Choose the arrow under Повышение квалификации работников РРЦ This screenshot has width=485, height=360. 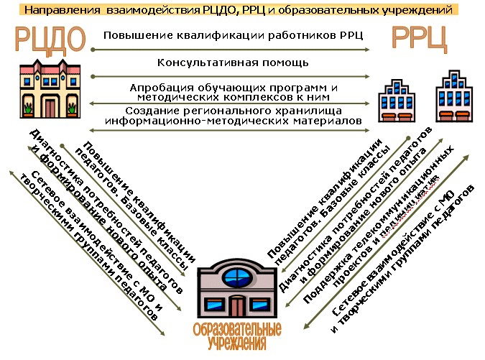[230, 49]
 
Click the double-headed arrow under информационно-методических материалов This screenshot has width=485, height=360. [230, 130]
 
